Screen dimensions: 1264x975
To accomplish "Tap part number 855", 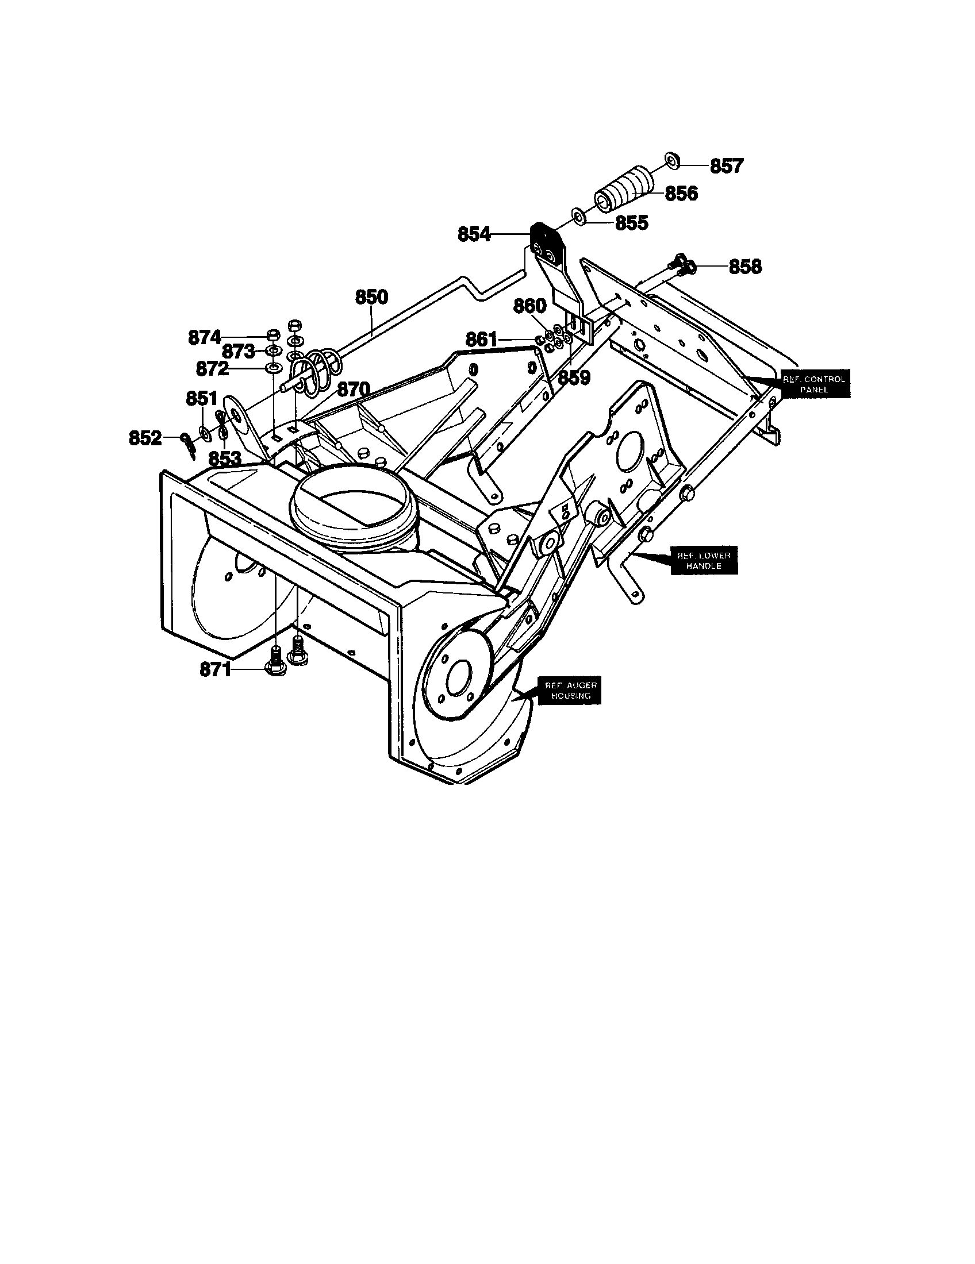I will (x=631, y=223).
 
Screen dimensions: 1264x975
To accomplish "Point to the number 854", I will (x=474, y=234).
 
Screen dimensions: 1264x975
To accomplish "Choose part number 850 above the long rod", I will (x=371, y=297).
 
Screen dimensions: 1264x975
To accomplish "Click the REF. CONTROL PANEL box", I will (x=813, y=384).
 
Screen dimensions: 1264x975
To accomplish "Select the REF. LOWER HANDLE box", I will (x=704, y=560).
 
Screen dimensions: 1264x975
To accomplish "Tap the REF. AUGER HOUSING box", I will (x=570, y=690).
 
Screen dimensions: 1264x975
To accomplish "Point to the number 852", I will (x=145, y=438).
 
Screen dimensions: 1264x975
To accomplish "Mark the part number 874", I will (x=205, y=337).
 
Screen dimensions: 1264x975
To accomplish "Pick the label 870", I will (x=353, y=390).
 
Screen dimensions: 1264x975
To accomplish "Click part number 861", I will (x=481, y=340).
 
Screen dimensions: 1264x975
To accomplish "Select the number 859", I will (x=574, y=378).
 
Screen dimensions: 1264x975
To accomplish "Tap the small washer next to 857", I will (x=671, y=160).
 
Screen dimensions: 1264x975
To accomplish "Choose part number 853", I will (x=224, y=458).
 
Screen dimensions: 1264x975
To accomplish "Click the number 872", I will (x=212, y=368).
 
